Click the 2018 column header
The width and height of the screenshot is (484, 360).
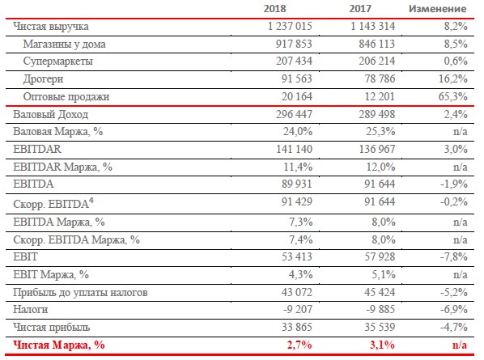pyautogui.click(x=274, y=8)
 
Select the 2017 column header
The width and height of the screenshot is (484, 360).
pyautogui.click(x=360, y=8)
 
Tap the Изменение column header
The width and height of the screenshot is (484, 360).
pyautogui.click(x=437, y=9)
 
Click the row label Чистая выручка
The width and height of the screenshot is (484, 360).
pyautogui.click(x=51, y=27)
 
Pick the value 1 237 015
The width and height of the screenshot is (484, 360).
pyautogui.click(x=290, y=26)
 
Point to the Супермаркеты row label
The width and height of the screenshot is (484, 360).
pyautogui.click(x=58, y=61)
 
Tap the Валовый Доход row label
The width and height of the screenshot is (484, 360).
pyautogui.click(x=51, y=114)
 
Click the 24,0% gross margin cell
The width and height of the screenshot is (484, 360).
pyautogui.click(x=298, y=131)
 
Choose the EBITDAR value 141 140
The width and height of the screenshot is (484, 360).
pyautogui.click(x=294, y=150)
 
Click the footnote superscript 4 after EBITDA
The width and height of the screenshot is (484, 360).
pyautogui.click(x=91, y=201)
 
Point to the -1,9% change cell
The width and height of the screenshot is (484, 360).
pyautogui.click(x=454, y=184)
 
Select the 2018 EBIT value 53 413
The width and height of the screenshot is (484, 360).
pyautogui.click(x=297, y=256)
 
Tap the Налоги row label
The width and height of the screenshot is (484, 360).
pyautogui.click(x=30, y=309)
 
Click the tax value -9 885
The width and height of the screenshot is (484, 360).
pyautogui.click(x=380, y=309)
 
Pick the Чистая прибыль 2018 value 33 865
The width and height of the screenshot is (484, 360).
pyautogui.click(x=297, y=327)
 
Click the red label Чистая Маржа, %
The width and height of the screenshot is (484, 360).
pyautogui.click(x=58, y=345)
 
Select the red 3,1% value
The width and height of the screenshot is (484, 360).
pyautogui.click(x=382, y=345)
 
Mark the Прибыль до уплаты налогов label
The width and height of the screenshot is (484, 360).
pyautogui.click(x=80, y=292)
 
